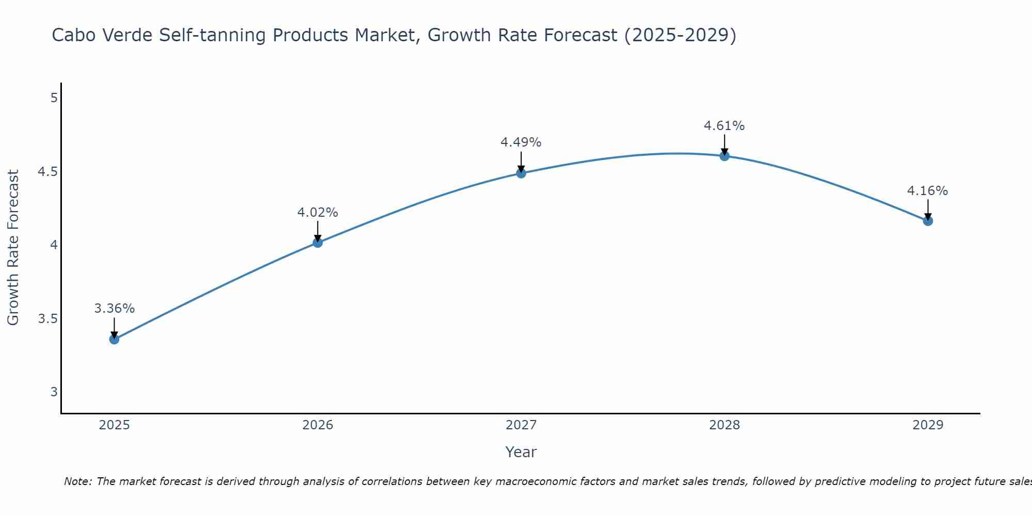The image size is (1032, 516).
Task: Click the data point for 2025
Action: tap(114, 339)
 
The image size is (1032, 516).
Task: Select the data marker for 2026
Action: tap(317, 243)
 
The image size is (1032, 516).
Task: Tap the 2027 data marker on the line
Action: tap(521, 173)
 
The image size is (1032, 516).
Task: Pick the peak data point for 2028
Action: tap(724, 156)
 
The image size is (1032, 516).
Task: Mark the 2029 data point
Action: tap(928, 221)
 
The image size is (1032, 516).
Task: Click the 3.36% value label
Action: tap(114, 309)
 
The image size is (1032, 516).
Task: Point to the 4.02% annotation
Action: tap(317, 213)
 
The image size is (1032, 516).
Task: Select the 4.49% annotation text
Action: tap(521, 142)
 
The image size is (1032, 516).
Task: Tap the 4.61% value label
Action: tap(724, 126)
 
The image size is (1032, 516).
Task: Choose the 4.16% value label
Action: tap(928, 191)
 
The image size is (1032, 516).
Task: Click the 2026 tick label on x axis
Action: tap(317, 425)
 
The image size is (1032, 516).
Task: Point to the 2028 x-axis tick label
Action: tap(724, 425)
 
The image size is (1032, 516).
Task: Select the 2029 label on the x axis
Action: tap(928, 425)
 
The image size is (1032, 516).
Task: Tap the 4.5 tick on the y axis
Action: tap(47, 171)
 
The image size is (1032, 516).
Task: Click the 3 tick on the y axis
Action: tap(54, 392)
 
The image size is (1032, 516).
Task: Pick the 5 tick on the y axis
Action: tap(54, 98)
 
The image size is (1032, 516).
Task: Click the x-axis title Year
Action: tap(521, 452)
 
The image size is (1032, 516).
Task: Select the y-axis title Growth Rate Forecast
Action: tap(13, 248)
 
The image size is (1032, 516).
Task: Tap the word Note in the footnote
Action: tap(77, 481)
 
